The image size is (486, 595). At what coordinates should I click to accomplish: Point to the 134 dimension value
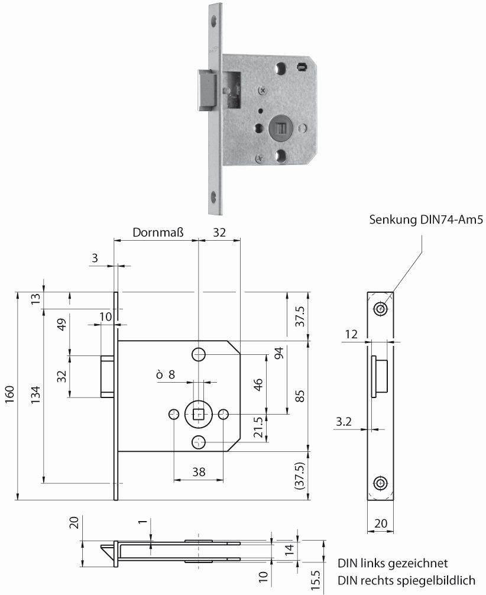[35, 396]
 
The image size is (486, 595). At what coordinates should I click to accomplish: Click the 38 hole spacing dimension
[199, 471]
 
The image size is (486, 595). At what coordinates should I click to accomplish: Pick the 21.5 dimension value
[258, 426]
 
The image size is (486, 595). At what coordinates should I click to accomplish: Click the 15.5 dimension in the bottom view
[315, 577]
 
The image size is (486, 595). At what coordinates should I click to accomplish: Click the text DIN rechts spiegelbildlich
[410, 580]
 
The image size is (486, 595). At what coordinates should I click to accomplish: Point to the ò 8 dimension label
[166, 374]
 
